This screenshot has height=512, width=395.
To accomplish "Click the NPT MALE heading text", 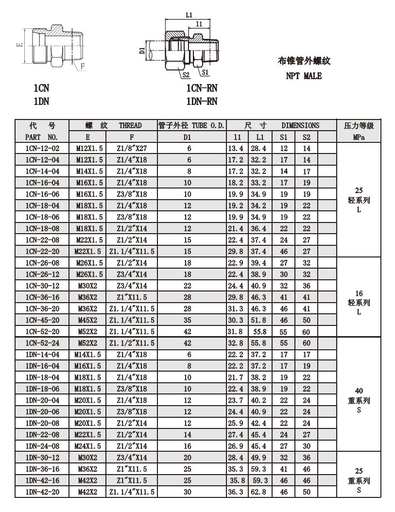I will [303, 76].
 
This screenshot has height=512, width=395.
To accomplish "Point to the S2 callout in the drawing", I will [185, 75].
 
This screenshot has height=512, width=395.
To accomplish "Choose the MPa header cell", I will [359, 137].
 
